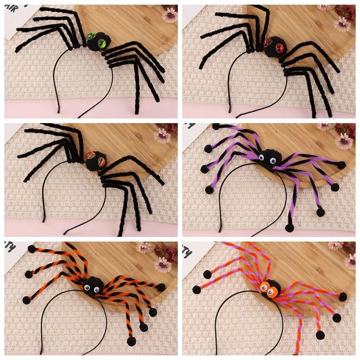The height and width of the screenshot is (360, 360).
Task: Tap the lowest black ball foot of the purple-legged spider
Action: [x=289, y=228]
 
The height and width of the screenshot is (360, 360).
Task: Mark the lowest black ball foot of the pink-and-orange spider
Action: [x=320, y=335]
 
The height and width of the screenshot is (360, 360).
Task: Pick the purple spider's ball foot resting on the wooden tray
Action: [x=216, y=126]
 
